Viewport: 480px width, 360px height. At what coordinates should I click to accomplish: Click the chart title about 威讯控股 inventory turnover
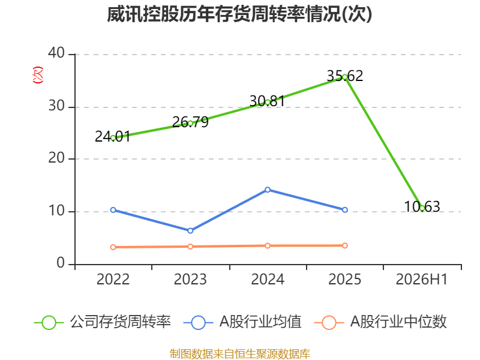[x=239, y=14]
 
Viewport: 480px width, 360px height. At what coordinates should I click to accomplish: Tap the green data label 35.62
[x=345, y=76]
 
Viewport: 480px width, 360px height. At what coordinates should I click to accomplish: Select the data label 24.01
[x=113, y=137]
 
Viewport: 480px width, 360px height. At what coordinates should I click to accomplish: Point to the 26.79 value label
[x=190, y=122]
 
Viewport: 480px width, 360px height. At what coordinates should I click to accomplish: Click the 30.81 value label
[x=267, y=101]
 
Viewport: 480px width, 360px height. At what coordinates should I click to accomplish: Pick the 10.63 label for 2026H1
[x=422, y=206]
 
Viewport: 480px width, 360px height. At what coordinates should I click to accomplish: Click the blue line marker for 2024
[x=268, y=190]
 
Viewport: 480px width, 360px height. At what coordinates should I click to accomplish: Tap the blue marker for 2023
[x=190, y=230]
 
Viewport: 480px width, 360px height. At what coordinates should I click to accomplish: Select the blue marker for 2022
[x=113, y=210]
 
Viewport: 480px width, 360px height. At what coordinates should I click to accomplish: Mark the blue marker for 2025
[x=344, y=209]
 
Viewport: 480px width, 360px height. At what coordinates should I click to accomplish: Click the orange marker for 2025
[x=344, y=245]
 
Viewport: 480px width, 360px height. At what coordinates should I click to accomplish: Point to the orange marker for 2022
[x=113, y=247]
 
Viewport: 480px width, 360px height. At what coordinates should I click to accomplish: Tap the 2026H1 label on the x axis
[x=422, y=280]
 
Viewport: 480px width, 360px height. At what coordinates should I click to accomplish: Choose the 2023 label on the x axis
[x=190, y=280]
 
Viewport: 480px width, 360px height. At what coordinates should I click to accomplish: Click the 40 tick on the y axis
[x=56, y=53]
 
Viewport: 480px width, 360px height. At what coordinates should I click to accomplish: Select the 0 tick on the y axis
[x=61, y=263]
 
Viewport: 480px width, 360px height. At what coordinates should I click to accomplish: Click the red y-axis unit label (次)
[x=38, y=75]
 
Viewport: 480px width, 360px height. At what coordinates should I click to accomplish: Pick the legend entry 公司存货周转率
[x=102, y=322]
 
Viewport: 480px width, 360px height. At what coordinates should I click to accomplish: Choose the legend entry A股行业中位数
[x=380, y=322]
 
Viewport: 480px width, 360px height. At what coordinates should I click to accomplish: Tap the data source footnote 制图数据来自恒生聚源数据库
[x=240, y=354]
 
